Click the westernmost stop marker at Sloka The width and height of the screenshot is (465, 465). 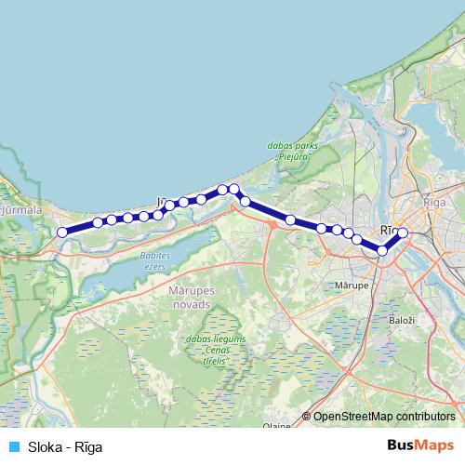point(62,232)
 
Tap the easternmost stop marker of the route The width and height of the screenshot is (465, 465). point(403,232)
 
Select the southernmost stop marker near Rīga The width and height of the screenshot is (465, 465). point(382,250)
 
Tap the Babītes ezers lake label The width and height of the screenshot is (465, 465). point(153,259)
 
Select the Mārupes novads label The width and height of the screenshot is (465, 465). point(192,299)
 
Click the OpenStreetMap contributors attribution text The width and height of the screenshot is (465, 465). point(384,416)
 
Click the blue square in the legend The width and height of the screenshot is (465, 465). point(12,446)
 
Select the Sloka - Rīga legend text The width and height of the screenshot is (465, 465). point(65,446)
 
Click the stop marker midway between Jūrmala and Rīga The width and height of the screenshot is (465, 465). point(291,220)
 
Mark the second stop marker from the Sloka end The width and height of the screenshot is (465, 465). point(98,223)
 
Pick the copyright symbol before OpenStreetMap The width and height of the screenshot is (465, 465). point(307,416)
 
